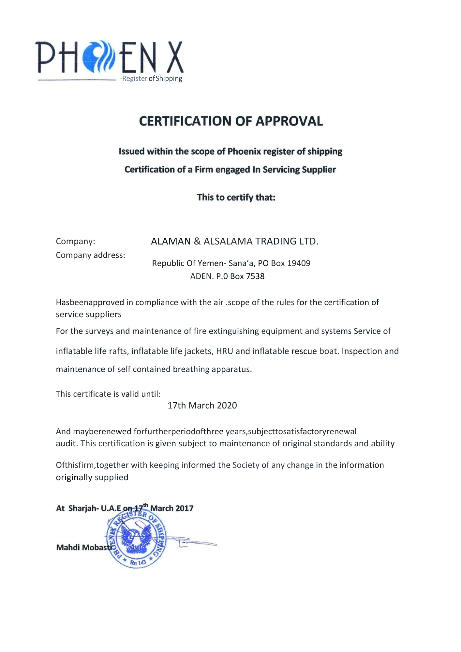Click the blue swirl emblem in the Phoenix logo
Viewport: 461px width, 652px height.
98,56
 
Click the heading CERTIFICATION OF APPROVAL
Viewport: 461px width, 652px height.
231,121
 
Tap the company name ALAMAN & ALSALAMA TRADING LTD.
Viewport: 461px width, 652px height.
234,241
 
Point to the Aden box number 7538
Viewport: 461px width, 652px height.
255,276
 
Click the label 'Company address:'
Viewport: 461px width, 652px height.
90,255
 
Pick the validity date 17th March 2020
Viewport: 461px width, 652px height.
202,406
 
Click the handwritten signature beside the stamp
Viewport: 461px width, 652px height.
192,542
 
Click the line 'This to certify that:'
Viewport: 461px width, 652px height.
236,198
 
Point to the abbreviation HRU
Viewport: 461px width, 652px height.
224,351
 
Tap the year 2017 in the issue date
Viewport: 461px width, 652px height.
185,509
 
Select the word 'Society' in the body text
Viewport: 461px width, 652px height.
246,465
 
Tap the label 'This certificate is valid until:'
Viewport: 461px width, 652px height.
108,394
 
